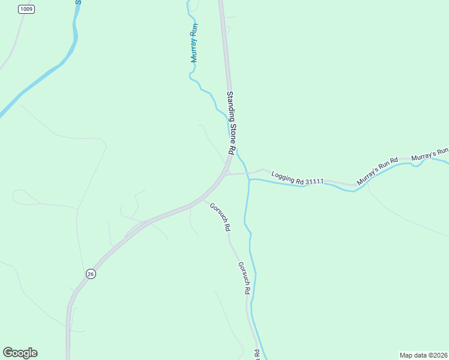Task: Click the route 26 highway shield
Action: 91,274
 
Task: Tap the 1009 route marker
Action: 26,9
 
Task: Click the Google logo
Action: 20,353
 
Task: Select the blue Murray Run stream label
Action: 194,43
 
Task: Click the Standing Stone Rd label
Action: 230,124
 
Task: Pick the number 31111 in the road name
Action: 314,181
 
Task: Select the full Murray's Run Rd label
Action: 378,171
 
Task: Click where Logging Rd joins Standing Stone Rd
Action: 228,174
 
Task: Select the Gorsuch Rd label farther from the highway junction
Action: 243,278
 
